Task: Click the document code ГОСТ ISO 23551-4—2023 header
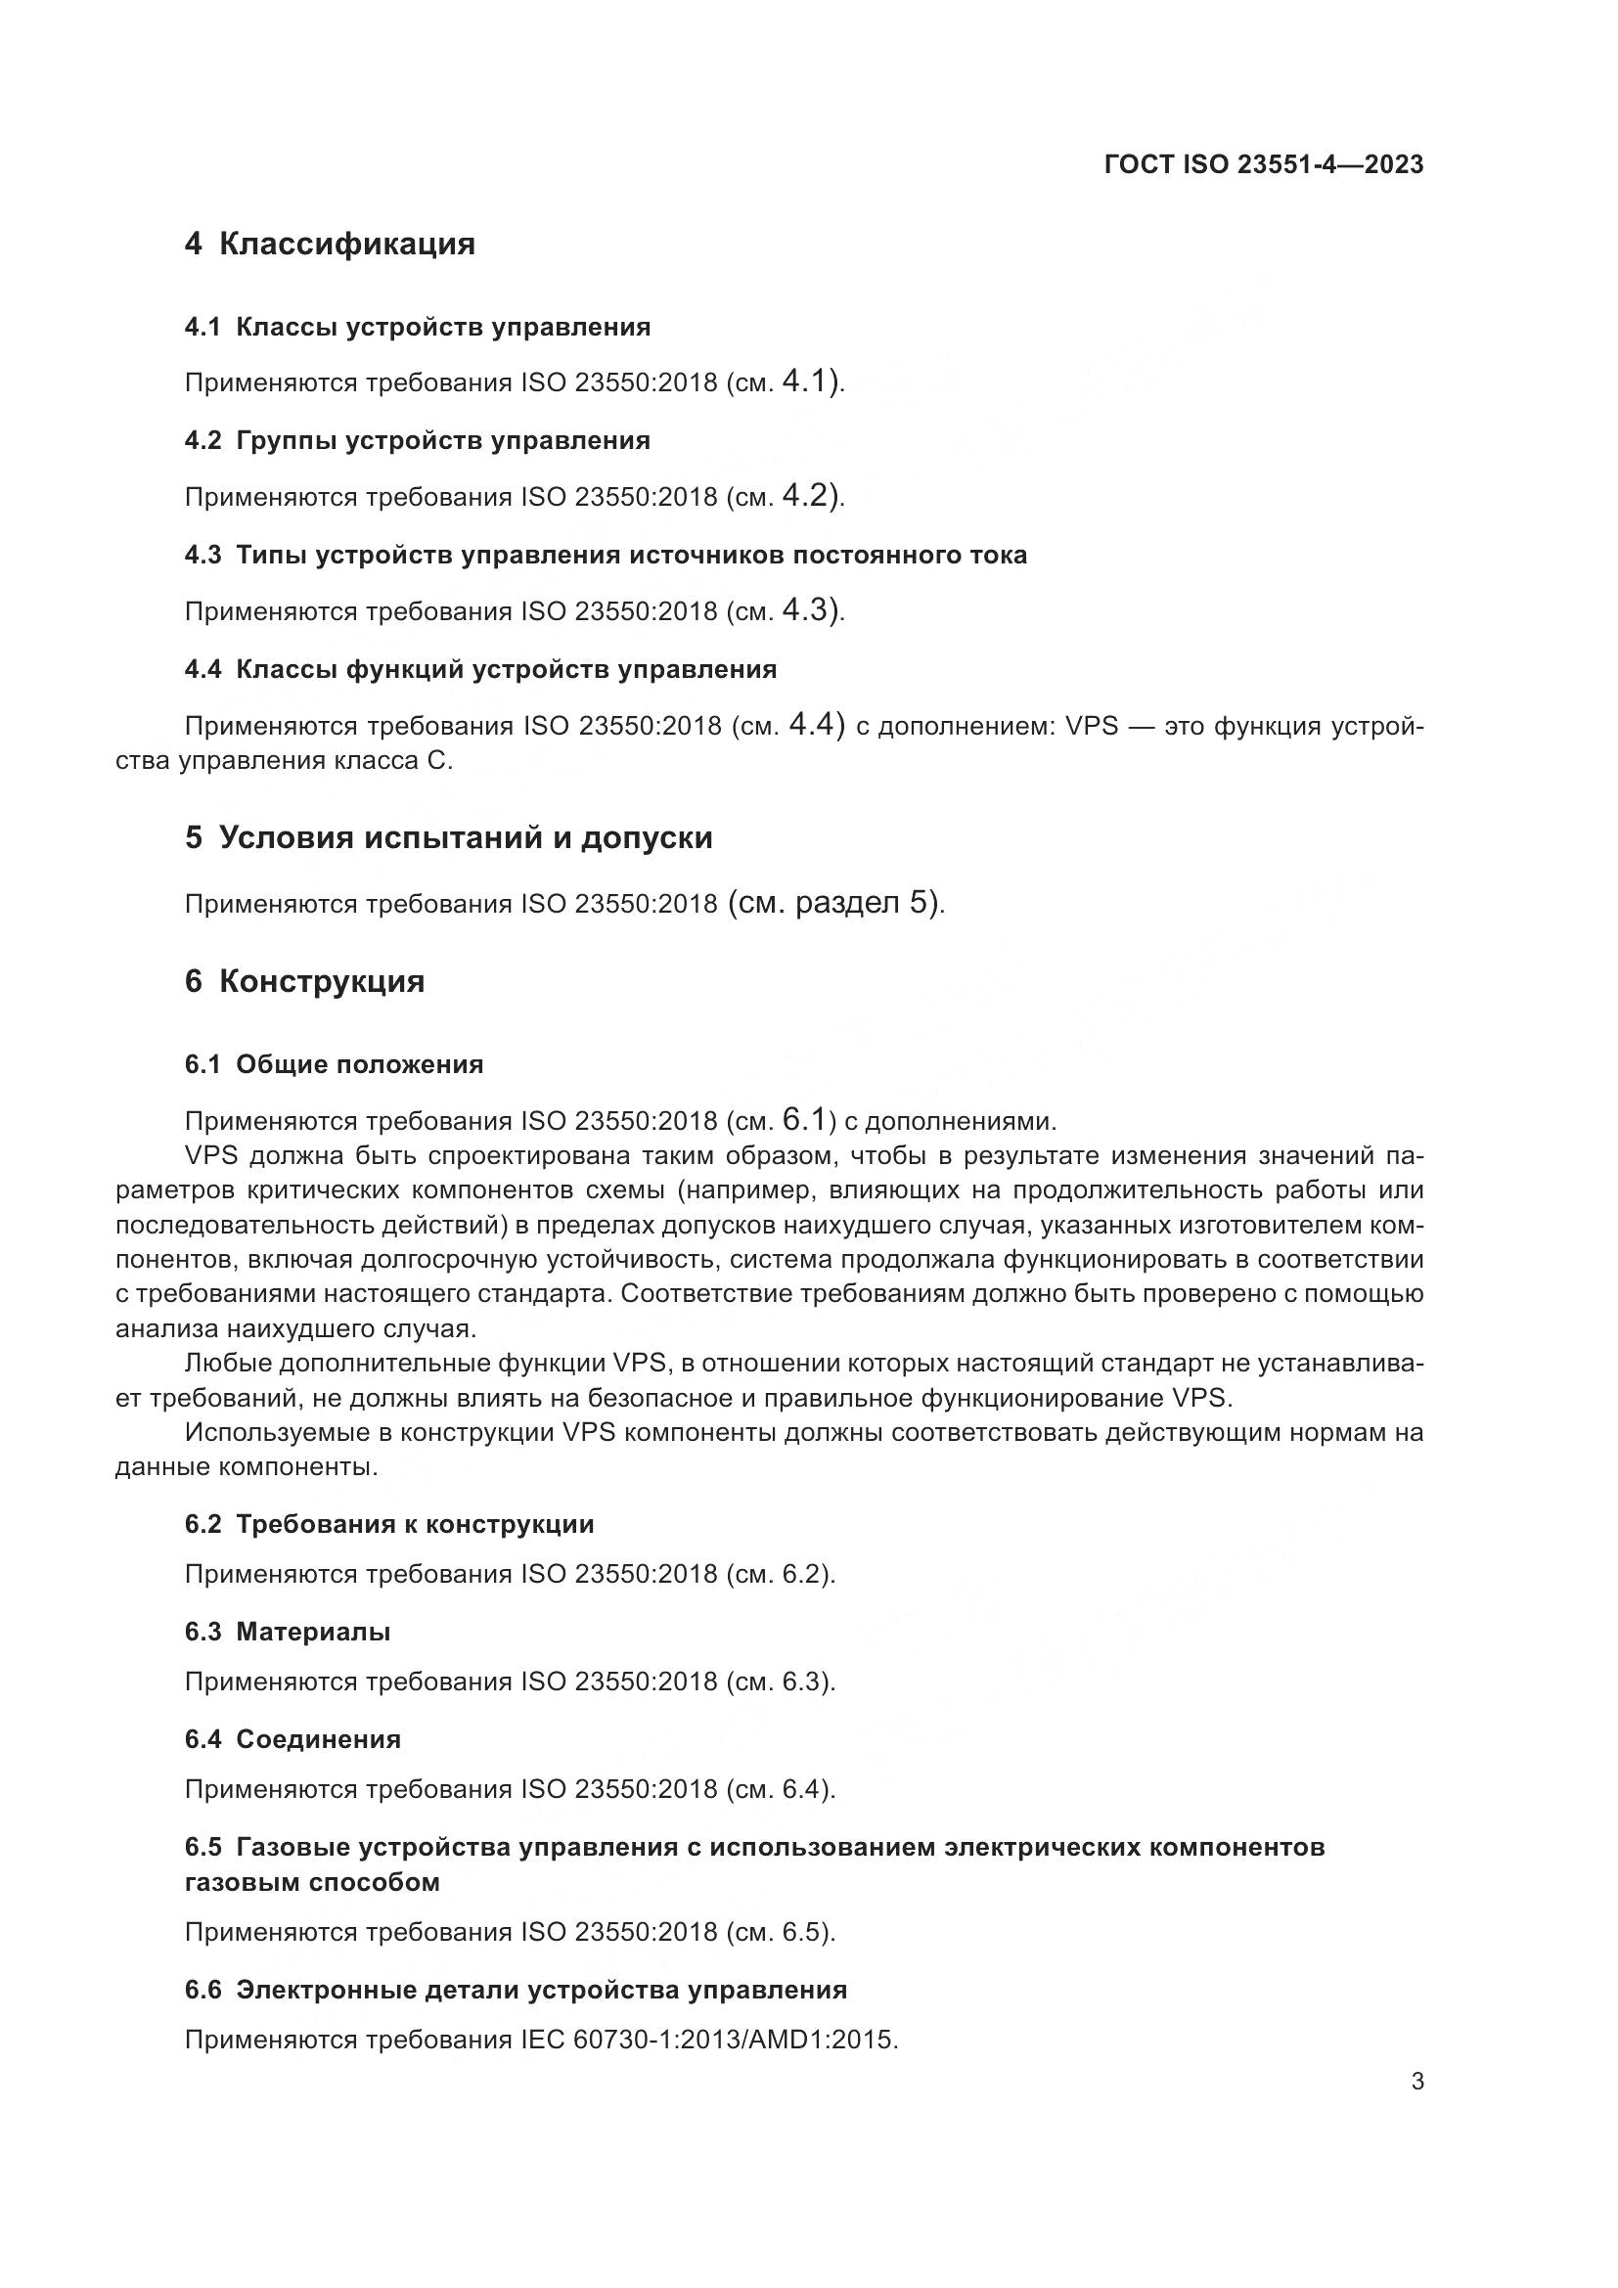pos(1263,164)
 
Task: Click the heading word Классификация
pos(346,244)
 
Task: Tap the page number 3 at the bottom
pos(1416,2081)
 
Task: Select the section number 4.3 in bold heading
pos(202,555)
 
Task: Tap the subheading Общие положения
pos(360,1064)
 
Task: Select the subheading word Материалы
pos(313,1632)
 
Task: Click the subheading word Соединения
pos(318,1739)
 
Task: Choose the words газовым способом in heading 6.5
pos(312,1882)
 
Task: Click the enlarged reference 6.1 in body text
pos(804,1119)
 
